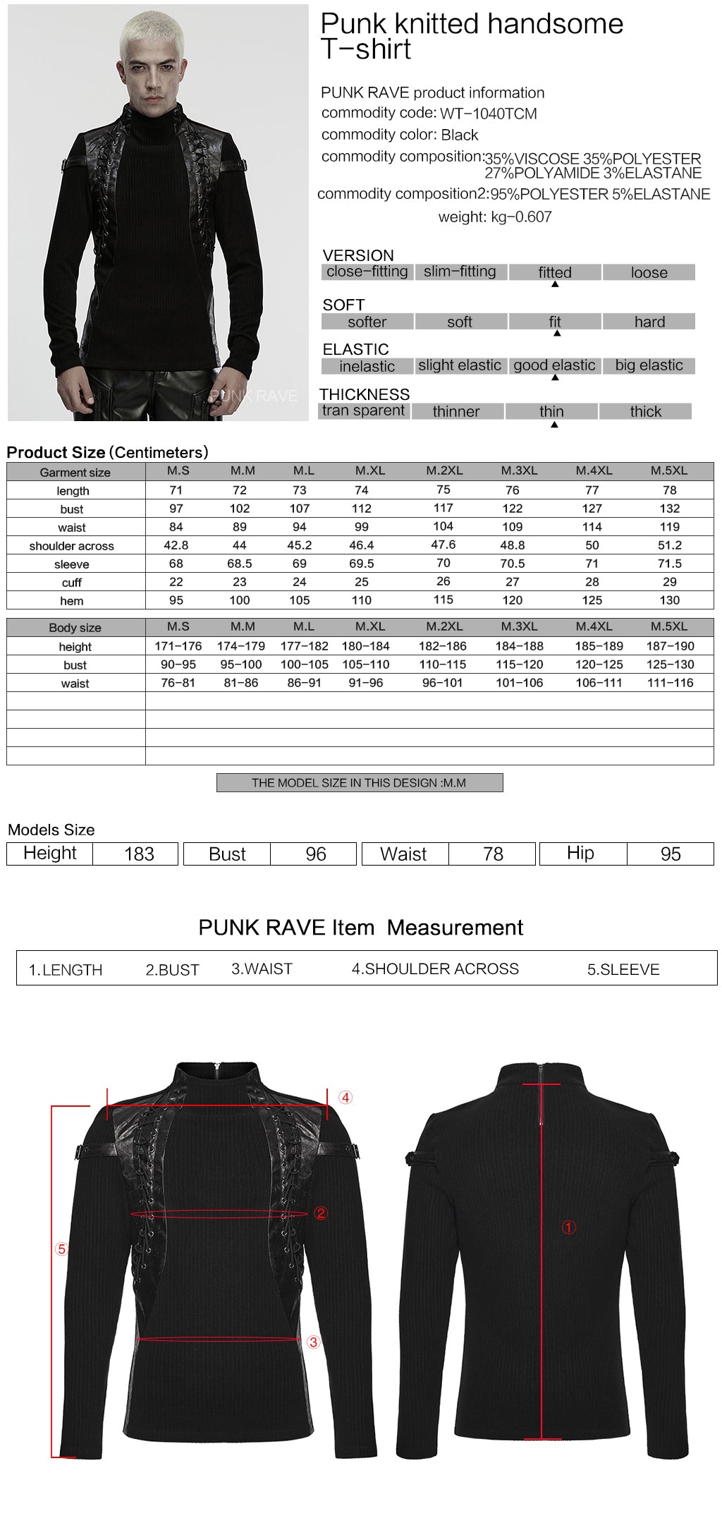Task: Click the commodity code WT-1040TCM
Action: click(488, 114)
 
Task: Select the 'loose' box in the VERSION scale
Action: click(649, 272)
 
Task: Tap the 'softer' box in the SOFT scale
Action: click(367, 322)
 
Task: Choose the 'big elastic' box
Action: click(649, 365)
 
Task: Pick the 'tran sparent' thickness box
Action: click(363, 411)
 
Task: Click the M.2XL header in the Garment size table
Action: click(444, 471)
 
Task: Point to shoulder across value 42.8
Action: click(176, 545)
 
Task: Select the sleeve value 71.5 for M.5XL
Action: click(669, 564)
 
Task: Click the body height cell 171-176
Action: click(178, 646)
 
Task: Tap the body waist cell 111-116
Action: click(670, 683)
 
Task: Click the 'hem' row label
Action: click(72, 601)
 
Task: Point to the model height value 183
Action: click(139, 854)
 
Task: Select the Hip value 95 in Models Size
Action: click(671, 854)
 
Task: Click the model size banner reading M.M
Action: click(359, 783)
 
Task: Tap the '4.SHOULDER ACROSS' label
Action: click(435, 969)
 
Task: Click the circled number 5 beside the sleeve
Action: click(61, 1249)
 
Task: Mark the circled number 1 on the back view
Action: click(568, 1227)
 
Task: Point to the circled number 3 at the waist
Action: click(314, 1342)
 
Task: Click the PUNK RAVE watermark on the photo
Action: click(254, 396)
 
